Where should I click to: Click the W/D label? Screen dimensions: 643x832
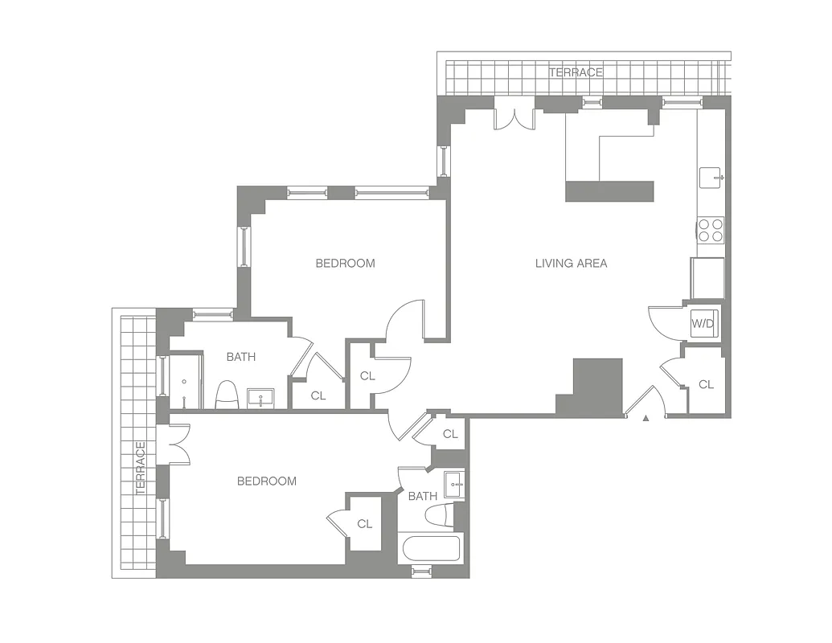[x=703, y=324]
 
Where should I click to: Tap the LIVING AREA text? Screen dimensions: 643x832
[x=571, y=263]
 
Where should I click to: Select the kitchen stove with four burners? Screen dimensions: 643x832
[x=711, y=231]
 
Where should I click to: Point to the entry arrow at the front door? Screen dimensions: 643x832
[x=646, y=418]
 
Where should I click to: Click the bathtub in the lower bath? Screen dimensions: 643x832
[x=431, y=549]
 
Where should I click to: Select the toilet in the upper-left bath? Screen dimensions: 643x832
[x=227, y=394]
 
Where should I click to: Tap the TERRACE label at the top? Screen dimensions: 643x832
[x=576, y=72]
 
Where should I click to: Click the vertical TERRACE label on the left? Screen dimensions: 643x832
[x=140, y=468]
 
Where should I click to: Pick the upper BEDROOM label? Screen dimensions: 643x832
[x=345, y=263]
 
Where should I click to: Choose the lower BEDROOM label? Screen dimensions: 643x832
[x=266, y=481]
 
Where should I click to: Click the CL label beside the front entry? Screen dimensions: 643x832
[x=706, y=385]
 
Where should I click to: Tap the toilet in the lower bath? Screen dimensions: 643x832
[x=439, y=515]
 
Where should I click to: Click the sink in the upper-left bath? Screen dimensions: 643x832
[x=260, y=396]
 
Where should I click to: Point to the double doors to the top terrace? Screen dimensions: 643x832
[x=514, y=117]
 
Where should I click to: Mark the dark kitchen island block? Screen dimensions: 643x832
[x=609, y=190]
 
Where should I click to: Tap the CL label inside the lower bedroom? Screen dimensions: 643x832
[x=365, y=524]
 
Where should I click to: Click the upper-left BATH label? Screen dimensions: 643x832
[x=240, y=357]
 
